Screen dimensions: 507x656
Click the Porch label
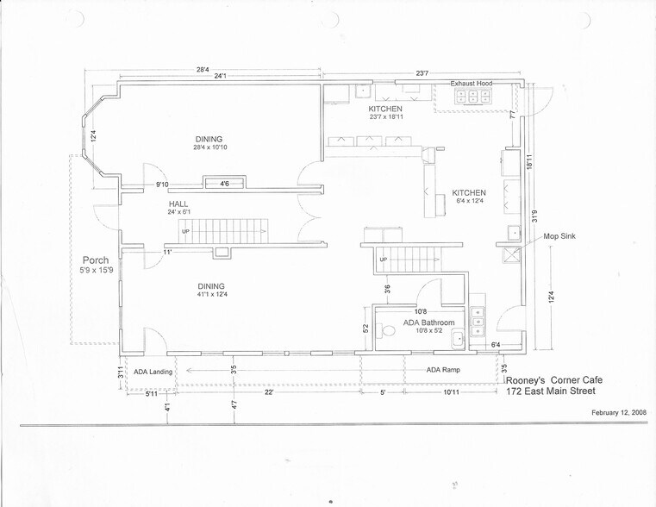(96, 260)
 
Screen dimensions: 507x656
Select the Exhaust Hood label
(472, 84)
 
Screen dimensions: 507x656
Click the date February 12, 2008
(620, 413)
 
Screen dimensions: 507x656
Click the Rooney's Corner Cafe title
(554, 379)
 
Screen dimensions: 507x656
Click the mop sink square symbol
(511, 254)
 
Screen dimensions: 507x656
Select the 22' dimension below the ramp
(270, 392)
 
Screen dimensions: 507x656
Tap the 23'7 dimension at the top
(422, 74)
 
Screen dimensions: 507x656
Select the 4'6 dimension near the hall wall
(224, 184)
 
